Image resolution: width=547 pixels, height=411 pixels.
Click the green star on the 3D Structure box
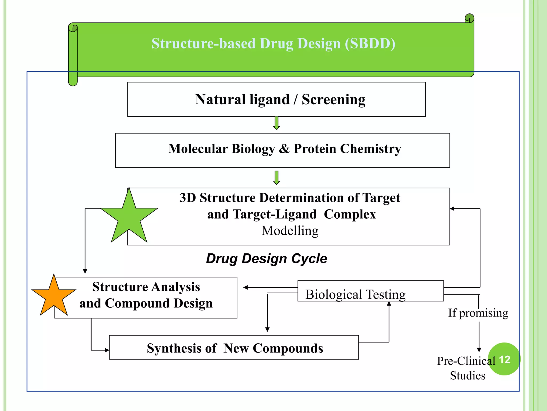(x=129, y=217)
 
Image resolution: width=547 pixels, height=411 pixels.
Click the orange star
(x=54, y=297)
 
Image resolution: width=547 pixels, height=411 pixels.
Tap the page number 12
(x=504, y=359)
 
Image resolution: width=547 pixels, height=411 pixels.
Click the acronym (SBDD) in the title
(x=370, y=43)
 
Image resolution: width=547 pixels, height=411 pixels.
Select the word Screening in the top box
(x=334, y=100)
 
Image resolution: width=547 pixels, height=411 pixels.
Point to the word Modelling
(x=290, y=231)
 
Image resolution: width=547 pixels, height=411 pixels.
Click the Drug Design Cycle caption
(x=266, y=258)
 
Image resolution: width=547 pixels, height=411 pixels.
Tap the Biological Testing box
(x=370, y=291)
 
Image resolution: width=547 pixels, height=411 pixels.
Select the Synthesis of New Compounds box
(x=234, y=348)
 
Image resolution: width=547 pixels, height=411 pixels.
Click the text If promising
(x=478, y=313)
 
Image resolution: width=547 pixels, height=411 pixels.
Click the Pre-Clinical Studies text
(x=467, y=368)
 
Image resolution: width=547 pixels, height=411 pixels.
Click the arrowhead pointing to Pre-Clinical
(x=479, y=350)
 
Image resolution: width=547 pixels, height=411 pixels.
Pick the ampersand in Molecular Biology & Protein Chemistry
(x=284, y=149)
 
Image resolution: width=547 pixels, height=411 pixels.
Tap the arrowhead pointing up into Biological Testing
(x=389, y=304)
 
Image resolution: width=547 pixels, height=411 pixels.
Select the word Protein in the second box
(x=315, y=149)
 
